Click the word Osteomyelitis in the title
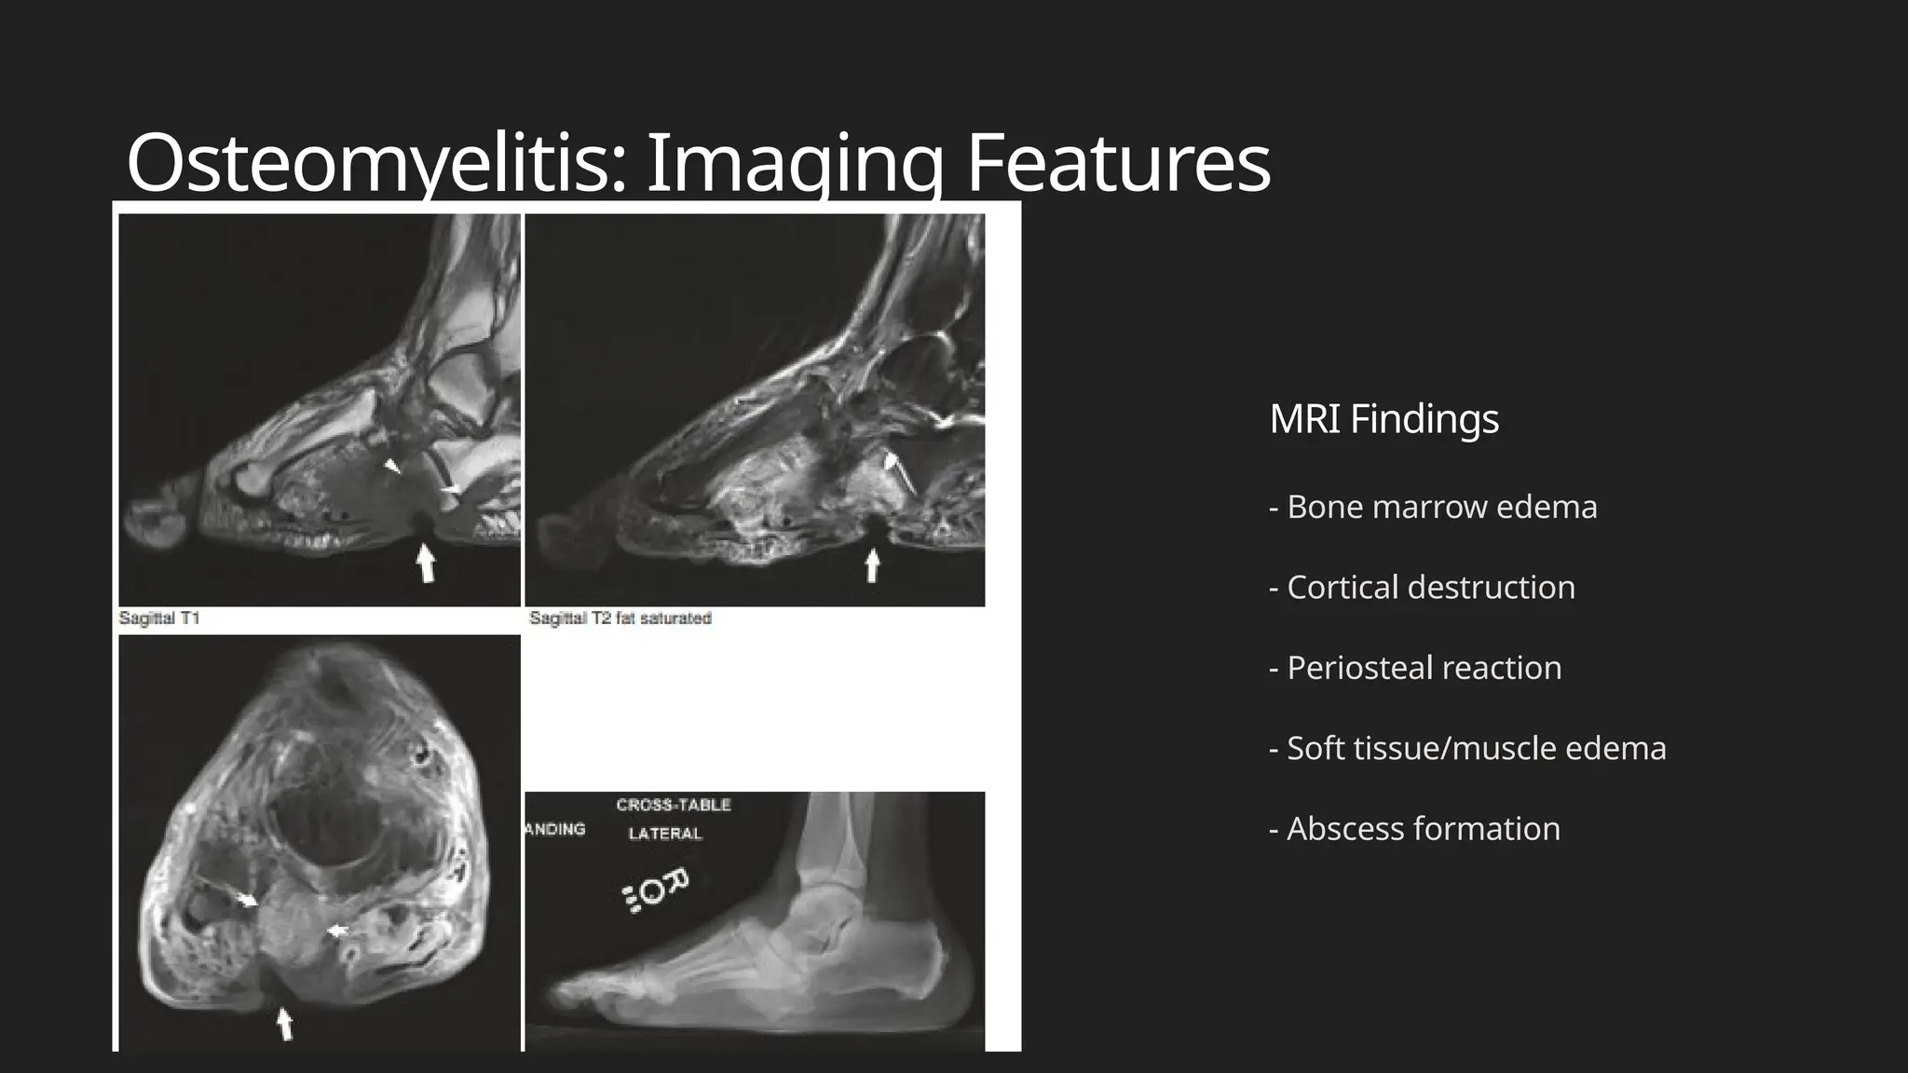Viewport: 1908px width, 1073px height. pyautogui.click(x=375, y=164)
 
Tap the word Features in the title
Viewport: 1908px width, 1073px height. pyautogui.click(x=1118, y=164)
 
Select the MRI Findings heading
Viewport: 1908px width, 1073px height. pyautogui.click(x=1383, y=419)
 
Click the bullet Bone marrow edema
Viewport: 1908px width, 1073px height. pyautogui.click(x=1433, y=507)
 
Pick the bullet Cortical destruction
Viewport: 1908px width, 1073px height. pyautogui.click(x=1422, y=588)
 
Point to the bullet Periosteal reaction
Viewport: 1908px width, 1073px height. pyautogui.click(x=1415, y=668)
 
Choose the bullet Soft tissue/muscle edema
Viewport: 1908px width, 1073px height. pyautogui.click(x=1467, y=748)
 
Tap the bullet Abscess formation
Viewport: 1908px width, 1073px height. pyautogui.click(x=1414, y=829)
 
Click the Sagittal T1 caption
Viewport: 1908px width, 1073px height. pyautogui.click(x=159, y=618)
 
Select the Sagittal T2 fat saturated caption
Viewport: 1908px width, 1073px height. pyautogui.click(x=620, y=618)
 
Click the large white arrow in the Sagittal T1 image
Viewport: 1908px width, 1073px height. pyautogui.click(x=426, y=564)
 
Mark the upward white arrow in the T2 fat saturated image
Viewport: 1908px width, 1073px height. pyautogui.click(x=872, y=565)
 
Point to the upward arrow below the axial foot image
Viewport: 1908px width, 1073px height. pyautogui.click(x=285, y=1024)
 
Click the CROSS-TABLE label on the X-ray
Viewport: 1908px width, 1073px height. pyautogui.click(x=674, y=806)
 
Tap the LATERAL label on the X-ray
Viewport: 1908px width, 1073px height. pyautogui.click(x=665, y=834)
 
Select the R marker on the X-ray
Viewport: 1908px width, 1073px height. pyautogui.click(x=676, y=881)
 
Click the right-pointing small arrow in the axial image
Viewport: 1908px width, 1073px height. pyautogui.click(x=246, y=900)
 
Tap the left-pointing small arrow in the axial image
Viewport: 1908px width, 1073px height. pyautogui.click(x=337, y=930)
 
